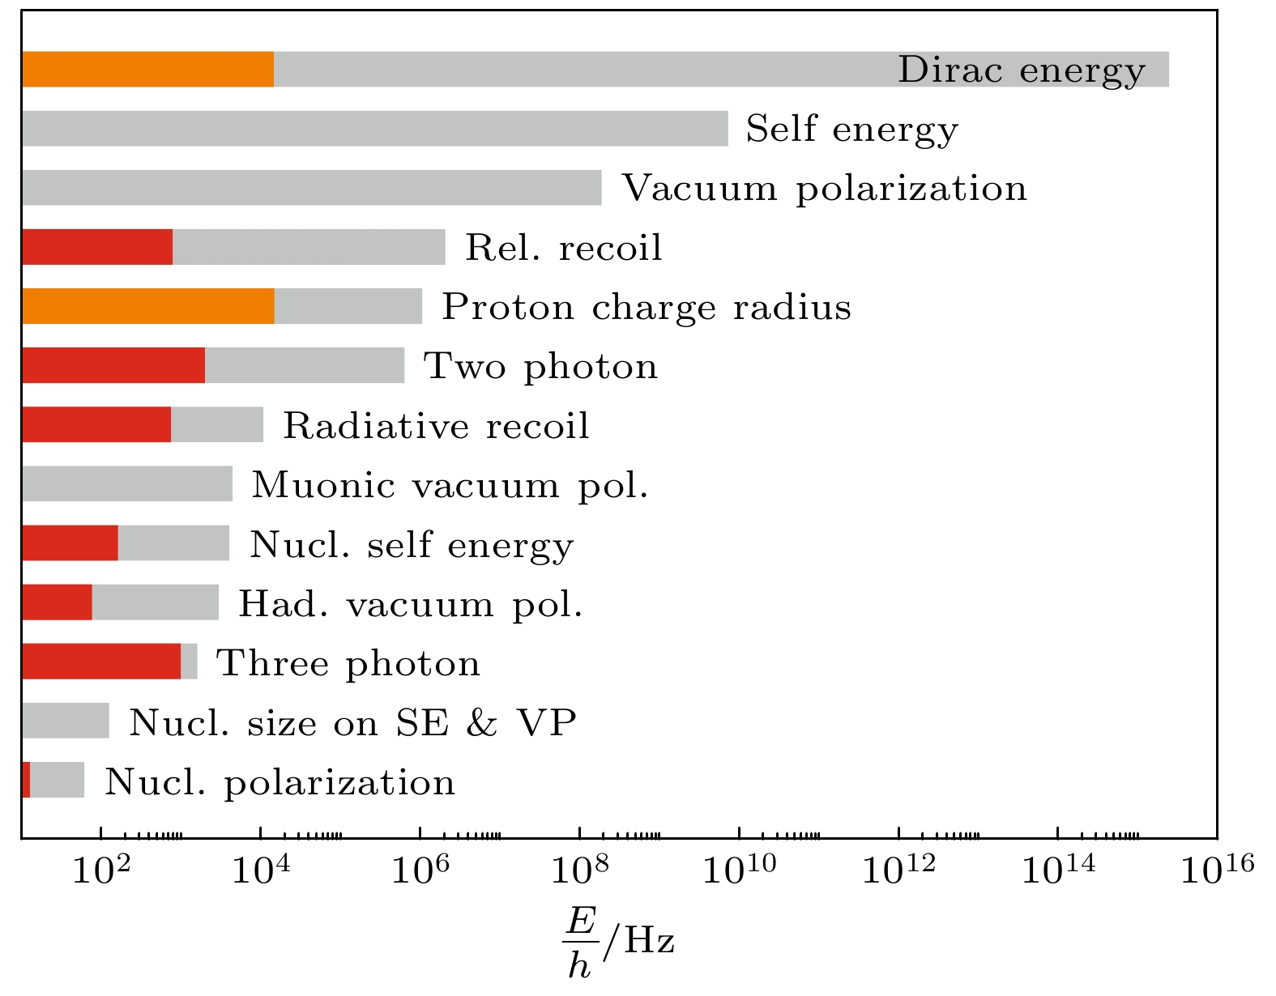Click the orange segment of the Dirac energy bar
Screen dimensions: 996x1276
(x=147, y=70)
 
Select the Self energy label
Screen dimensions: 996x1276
(x=851, y=130)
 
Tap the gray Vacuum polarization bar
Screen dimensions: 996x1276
(x=312, y=188)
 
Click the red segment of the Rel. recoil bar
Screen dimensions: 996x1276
(x=97, y=247)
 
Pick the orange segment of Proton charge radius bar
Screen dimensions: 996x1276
(x=147, y=306)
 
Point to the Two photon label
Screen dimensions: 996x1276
(x=540, y=367)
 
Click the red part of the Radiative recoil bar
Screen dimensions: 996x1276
(x=96, y=425)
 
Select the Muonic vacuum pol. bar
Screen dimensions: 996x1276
(x=127, y=484)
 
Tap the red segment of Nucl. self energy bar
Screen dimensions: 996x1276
(x=70, y=543)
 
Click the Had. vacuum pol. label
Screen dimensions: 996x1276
(x=411, y=604)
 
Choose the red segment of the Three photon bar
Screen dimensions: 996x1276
(x=101, y=662)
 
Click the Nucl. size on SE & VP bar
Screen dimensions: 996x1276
(x=66, y=721)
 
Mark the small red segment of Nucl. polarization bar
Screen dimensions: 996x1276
(x=26, y=780)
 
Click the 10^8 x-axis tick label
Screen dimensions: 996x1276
(x=579, y=870)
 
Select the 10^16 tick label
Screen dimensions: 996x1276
(x=1216, y=870)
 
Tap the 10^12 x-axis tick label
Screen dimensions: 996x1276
(x=898, y=870)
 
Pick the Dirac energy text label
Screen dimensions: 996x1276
(x=1021, y=70)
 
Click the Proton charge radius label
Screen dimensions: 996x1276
(x=646, y=308)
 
